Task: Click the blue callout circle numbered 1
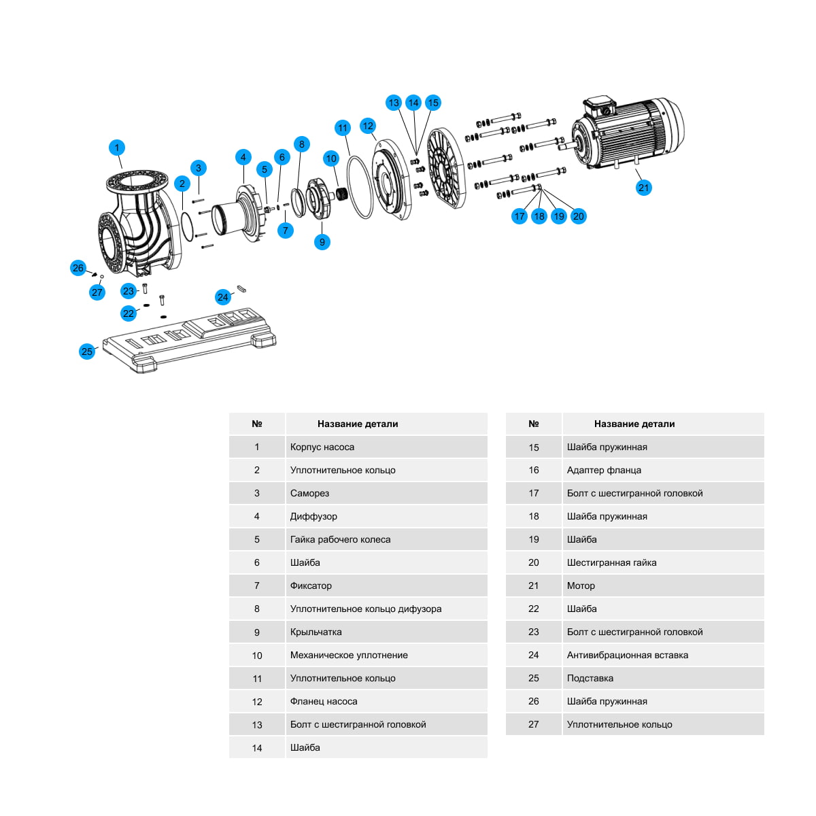click(116, 148)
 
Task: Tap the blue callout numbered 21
click(643, 188)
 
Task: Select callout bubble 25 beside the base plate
click(87, 352)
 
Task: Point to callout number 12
click(368, 126)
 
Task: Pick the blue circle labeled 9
click(322, 242)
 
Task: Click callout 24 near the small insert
click(223, 297)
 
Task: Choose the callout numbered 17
click(520, 216)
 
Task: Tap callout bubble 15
click(433, 103)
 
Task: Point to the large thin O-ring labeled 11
click(360, 187)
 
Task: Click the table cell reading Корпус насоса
click(322, 447)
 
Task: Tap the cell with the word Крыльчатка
click(316, 632)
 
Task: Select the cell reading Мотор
click(581, 585)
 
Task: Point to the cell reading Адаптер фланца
click(604, 470)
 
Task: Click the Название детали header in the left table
click(358, 424)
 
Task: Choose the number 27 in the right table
click(534, 724)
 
